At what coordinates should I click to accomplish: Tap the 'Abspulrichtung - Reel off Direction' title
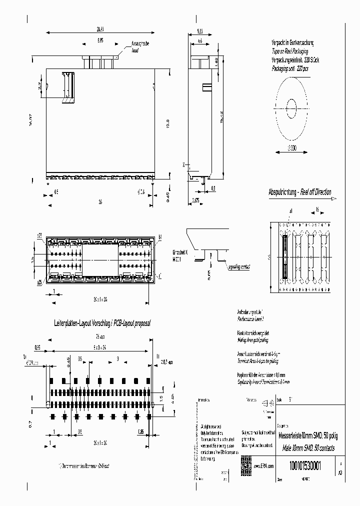click(299, 192)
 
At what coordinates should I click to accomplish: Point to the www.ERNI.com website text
click(264, 465)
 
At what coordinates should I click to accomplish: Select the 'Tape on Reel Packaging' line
click(290, 51)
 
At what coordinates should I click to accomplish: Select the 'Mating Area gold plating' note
click(253, 339)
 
